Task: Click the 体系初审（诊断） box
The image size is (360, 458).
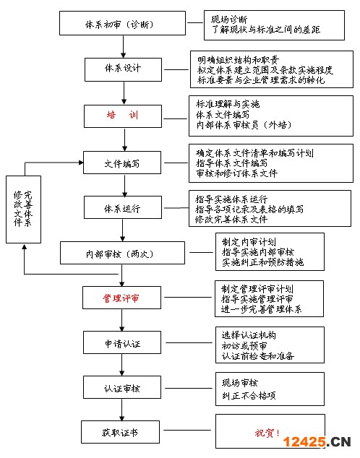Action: (122, 23)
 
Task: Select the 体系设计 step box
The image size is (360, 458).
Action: (123, 69)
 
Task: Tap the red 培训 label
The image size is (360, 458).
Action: (122, 115)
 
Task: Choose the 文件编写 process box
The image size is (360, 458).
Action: (122, 163)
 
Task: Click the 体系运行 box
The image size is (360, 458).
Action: (123, 207)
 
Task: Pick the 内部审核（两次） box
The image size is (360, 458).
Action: (122, 253)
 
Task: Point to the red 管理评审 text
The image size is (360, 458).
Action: (121, 298)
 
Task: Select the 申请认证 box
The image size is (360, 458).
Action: (122, 342)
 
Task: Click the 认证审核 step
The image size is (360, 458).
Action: (122, 387)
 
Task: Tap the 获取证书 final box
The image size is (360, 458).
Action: (121, 432)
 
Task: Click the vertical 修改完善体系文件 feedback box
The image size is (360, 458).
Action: (23, 209)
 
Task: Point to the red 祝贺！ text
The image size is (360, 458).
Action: (267, 433)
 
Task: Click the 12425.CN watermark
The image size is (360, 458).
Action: (317, 441)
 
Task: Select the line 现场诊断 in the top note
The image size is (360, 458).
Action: (229, 20)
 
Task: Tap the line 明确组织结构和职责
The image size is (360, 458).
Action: (238, 60)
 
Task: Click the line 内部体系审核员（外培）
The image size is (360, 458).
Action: (244, 125)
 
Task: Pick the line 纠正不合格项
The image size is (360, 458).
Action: (249, 396)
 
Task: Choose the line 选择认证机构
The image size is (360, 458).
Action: (249, 335)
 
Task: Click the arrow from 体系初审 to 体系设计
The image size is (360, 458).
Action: (124, 47)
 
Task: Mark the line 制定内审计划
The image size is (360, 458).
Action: (249, 242)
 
